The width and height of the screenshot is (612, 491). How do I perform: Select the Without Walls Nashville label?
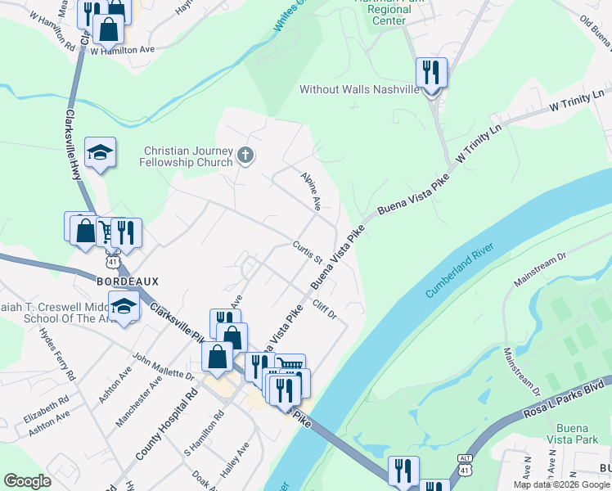(359, 89)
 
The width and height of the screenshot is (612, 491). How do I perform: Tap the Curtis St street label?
(308, 253)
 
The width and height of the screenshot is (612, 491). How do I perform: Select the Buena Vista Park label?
(579, 435)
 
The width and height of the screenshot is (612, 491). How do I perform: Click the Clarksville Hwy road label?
(73, 146)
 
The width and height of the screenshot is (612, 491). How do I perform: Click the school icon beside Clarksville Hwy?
(100, 153)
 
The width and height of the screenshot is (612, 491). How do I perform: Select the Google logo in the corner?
(27, 481)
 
